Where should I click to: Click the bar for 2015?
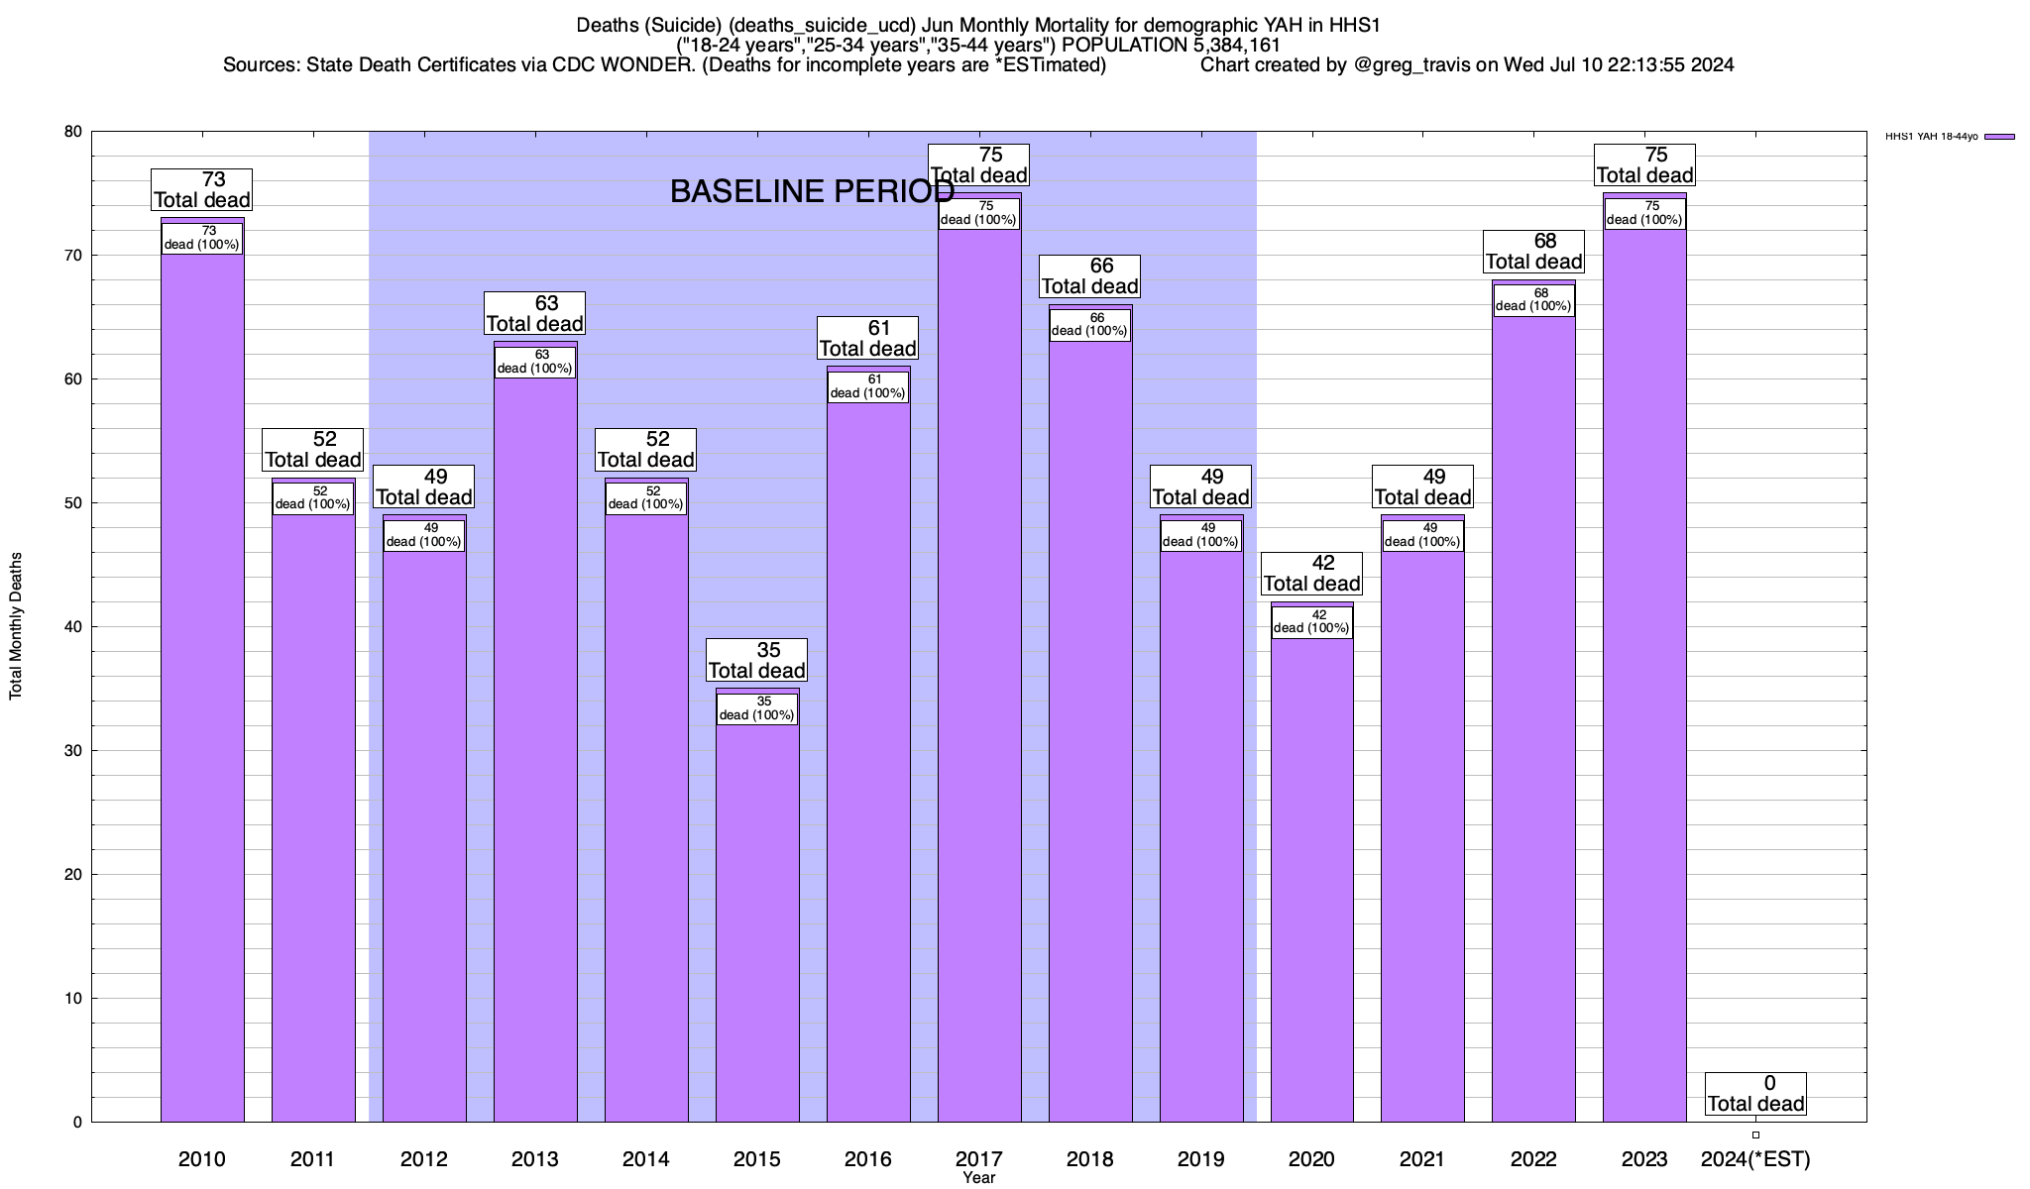click(x=757, y=921)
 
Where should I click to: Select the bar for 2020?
click(x=1311, y=882)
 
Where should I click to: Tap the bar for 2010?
click(x=202, y=694)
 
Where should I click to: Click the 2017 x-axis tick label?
click(x=978, y=1158)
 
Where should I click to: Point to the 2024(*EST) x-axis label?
click(x=1755, y=1158)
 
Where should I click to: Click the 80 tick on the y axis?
click(x=73, y=132)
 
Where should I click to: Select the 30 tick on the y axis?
click(x=73, y=751)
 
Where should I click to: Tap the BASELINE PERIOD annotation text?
click(x=812, y=191)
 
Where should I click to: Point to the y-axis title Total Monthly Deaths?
click(x=16, y=626)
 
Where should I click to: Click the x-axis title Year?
click(x=978, y=1178)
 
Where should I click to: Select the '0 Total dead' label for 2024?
click(x=1755, y=1094)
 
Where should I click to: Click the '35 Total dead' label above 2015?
click(x=756, y=660)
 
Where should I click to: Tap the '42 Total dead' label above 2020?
click(x=1311, y=574)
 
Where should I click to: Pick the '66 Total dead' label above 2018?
click(x=1089, y=276)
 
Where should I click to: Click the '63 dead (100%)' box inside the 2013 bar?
click(x=534, y=362)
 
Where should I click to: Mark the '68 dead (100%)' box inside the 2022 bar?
click(x=1533, y=300)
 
